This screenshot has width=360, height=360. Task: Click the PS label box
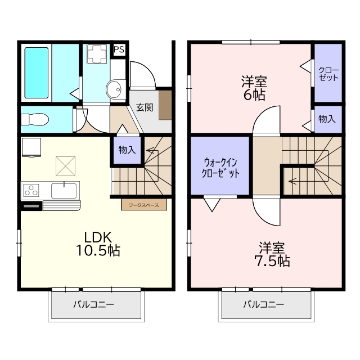tap(119, 49)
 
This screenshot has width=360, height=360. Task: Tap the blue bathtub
tap(37, 73)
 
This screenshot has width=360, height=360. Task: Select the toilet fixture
tap(35, 119)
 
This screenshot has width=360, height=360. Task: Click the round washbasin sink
tap(114, 89)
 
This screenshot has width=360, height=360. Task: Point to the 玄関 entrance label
tap(145, 107)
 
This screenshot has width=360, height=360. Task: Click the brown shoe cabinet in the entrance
tap(165, 105)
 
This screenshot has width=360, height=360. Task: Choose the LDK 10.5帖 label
tap(98, 244)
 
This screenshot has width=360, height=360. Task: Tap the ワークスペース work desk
tap(144, 205)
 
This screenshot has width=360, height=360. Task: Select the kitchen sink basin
tap(64, 190)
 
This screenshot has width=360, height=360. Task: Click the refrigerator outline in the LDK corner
tap(31, 147)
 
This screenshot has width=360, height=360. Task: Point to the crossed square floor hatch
tap(66, 166)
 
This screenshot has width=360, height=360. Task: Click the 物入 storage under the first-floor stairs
tap(127, 150)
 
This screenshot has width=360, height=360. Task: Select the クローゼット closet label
tap(328, 74)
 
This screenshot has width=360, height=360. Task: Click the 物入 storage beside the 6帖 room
tap(327, 119)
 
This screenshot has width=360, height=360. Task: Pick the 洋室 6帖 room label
tap(254, 88)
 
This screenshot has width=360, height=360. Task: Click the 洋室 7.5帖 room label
tap(272, 254)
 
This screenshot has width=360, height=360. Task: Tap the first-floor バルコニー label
tap(94, 305)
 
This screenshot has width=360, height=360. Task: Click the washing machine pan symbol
tap(97, 54)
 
